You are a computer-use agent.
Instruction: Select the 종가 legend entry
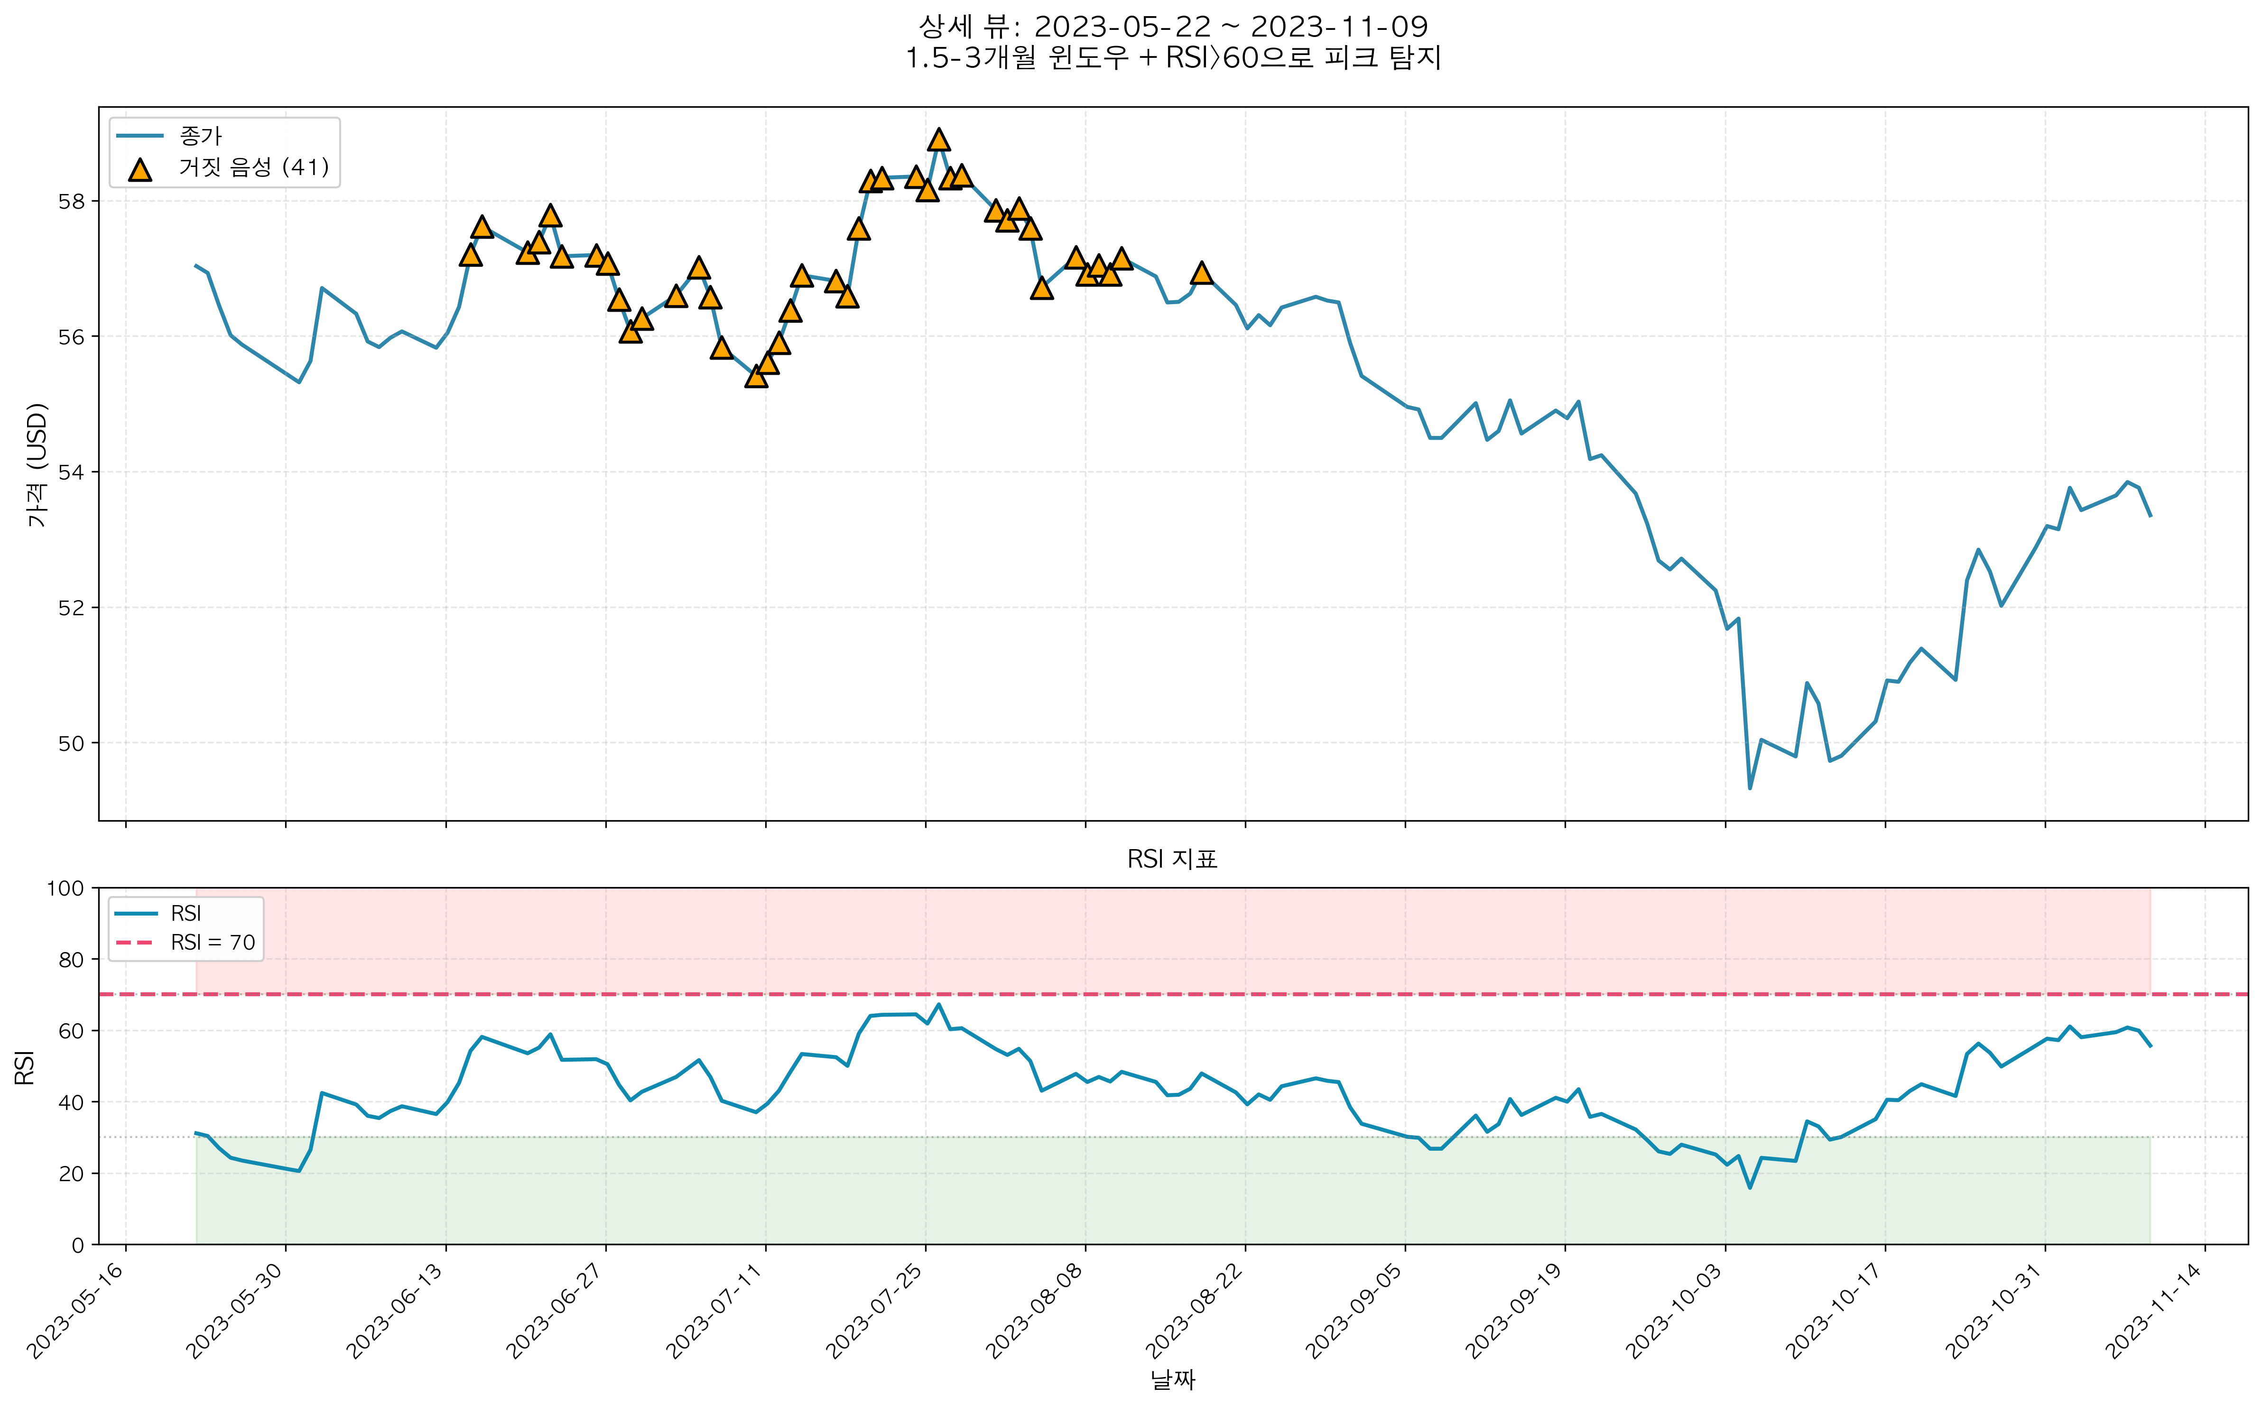point(200,136)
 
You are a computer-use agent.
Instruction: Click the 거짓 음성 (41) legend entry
point(253,167)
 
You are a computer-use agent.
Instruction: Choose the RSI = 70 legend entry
point(212,943)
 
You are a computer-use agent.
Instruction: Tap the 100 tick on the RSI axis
point(65,888)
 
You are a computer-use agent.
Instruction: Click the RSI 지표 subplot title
point(1172,859)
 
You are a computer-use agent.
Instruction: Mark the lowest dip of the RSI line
point(1750,1187)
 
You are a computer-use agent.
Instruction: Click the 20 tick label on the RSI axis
point(71,1174)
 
